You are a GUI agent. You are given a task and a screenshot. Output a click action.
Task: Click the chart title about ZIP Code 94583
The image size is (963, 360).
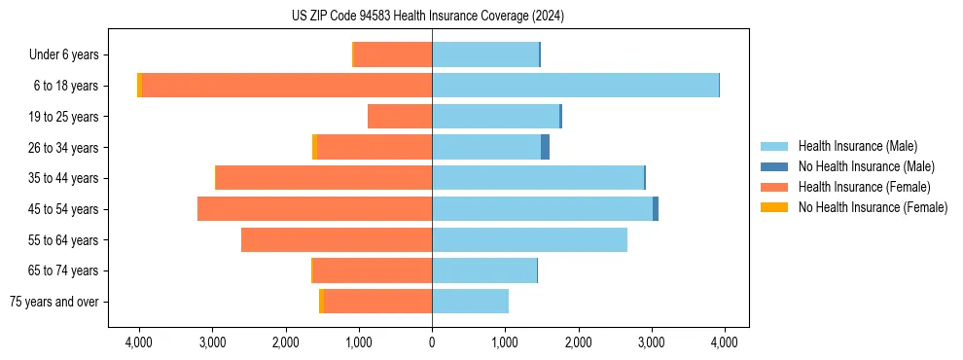pyautogui.click(x=427, y=17)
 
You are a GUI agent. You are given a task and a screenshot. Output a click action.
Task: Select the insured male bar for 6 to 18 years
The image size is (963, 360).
pyautogui.click(x=575, y=86)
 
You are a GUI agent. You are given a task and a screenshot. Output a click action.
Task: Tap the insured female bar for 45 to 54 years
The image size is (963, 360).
pyautogui.click(x=314, y=209)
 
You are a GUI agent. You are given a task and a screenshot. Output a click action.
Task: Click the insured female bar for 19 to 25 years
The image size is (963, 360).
pyautogui.click(x=400, y=117)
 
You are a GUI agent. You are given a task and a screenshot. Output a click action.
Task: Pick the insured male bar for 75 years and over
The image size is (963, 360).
pyautogui.click(x=470, y=302)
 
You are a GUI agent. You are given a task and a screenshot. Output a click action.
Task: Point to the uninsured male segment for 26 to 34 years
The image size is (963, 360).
pyautogui.click(x=546, y=147)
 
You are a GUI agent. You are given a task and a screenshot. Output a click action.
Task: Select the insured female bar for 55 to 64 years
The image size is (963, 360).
pyautogui.click(x=337, y=239)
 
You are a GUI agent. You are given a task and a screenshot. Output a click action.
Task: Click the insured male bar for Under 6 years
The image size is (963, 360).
pyautogui.click(x=485, y=54)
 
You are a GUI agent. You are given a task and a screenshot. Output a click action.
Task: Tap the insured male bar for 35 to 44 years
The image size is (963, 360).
pyautogui.click(x=538, y=178)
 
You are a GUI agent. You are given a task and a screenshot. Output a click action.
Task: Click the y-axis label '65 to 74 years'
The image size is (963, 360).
pyautogui.click(x=64, y=270)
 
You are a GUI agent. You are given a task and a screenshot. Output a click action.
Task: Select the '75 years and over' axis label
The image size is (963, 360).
pyautogui.click(x=53, y=302)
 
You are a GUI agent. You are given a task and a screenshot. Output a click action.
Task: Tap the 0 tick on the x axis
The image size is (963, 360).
pyautogui.click(x=432, y=342)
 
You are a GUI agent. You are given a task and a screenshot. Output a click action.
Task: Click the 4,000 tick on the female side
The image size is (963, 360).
pyautogui.click(x=139, y=342)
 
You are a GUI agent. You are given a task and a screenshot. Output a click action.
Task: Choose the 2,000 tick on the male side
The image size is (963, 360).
pyautogui.click(x=578, y=342)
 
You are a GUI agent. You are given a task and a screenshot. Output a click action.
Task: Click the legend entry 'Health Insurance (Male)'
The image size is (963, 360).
pyautogui.click(x=857, y=146)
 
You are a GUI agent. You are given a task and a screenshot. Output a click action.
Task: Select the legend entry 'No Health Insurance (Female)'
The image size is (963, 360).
pyautogui.click(x=873, y=207)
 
